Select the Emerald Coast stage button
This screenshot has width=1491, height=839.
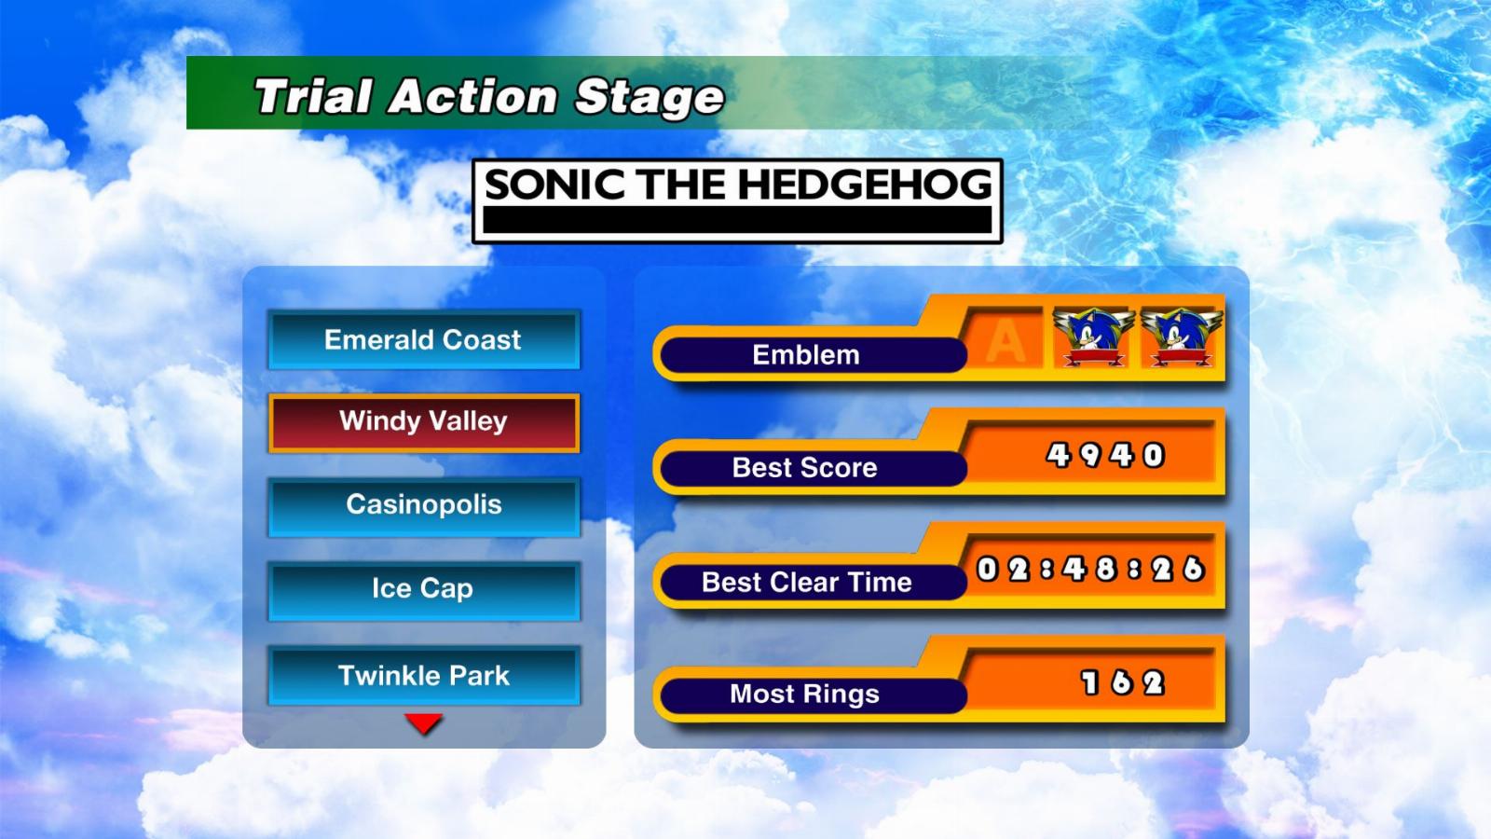(x=424, y=339)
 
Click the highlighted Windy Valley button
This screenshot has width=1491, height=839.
(x=424, y=423)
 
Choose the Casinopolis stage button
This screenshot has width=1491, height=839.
(x=424, y=506)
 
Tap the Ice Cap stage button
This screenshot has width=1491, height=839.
(x=424, y=590)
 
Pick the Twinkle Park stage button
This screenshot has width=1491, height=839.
(x=424, y=675)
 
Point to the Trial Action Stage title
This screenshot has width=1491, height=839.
(x=489, y=97)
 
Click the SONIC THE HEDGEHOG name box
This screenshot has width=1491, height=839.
(x=737, y=200)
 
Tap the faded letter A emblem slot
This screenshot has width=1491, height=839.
(x=1005, y=338)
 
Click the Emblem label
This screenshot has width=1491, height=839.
(x=806, y=355)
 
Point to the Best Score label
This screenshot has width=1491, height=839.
(x=805, y=467)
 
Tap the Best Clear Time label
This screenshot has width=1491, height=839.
(x=807, y=582)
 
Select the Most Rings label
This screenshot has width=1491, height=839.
(x=805, y=694)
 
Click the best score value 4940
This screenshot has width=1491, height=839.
(x=1105, y=456)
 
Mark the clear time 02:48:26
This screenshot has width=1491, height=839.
(x=1090, y=570)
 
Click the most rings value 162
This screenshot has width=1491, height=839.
(x=1122, y=682)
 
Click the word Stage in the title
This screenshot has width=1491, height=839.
(x=650, y=98)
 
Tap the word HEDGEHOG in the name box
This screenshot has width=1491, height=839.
(x=866, y=185)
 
